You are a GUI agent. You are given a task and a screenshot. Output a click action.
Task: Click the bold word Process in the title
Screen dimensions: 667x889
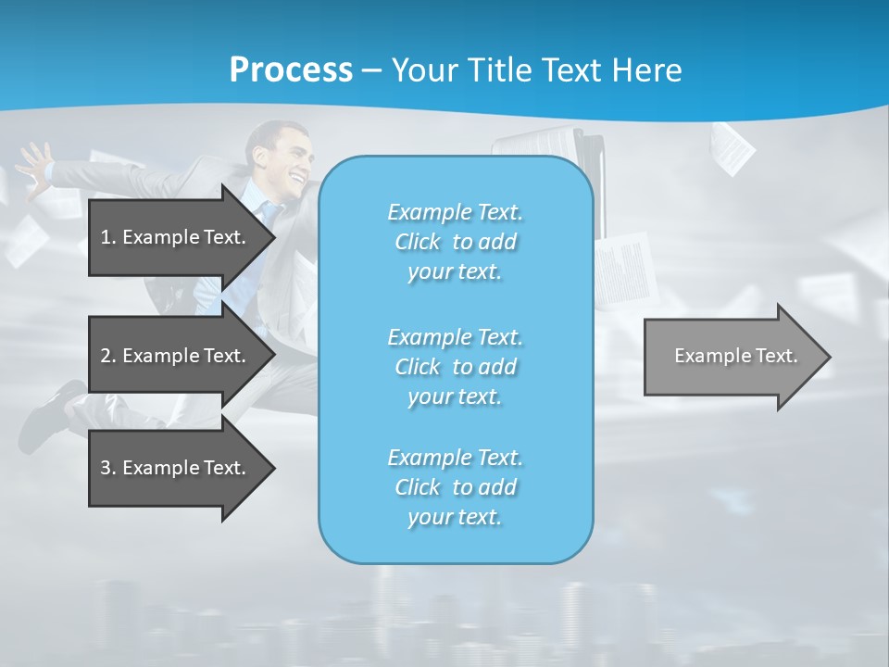click(291, 70)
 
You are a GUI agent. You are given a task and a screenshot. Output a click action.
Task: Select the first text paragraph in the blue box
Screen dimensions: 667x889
click(455, 242)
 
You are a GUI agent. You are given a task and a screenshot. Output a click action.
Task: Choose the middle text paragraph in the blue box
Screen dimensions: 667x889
click(455, 367)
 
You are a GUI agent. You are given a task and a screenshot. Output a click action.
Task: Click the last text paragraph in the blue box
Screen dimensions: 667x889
click(455, 487)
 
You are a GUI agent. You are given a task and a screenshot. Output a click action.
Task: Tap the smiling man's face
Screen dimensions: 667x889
click(286, 162)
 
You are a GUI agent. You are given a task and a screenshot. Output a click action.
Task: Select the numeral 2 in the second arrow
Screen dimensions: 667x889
click(106, 356)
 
